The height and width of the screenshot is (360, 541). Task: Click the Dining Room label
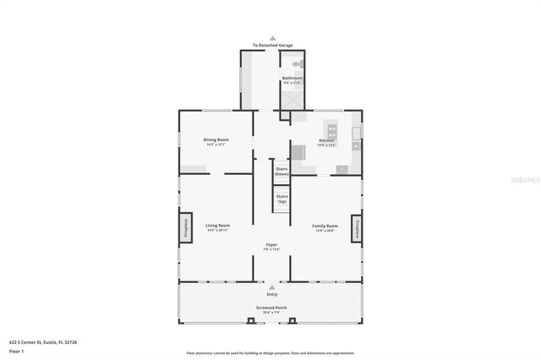pyautogui.click(x=216, y=139)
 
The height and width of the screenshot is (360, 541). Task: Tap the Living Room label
pyautogui.click(x=217, y=226)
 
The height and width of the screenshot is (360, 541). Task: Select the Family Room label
pyautogui.click(x=325, y=226)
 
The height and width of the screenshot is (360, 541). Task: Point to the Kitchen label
pyautogui.click(x=326, y=140)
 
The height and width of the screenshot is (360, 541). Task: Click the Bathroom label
pyautogui.click(x=292, y=79)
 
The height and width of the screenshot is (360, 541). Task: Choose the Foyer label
pyautogui.click(x=271, y=245)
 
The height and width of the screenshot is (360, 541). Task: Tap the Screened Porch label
pyautogui.click(x=271, y=308)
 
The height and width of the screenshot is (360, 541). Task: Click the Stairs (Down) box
pyautogui.click(x=281, y=171)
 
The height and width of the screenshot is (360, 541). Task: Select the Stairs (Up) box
pyautogui.click(x=281, y=199)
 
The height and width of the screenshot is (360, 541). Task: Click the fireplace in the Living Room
pyautogui.click(x=183, y=228)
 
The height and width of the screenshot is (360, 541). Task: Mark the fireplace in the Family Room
pyautogui.click(x=358, y=228)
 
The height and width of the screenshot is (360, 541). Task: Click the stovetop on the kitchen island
pyautogui.click(x=332, y=131)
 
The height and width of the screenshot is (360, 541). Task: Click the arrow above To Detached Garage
pyautogui.click(x=272, y=38)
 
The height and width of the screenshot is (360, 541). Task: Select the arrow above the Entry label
pyautogui.click(x=272, y=287)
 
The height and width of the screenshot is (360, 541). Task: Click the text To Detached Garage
pyautogui.click(x=272, y=45)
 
